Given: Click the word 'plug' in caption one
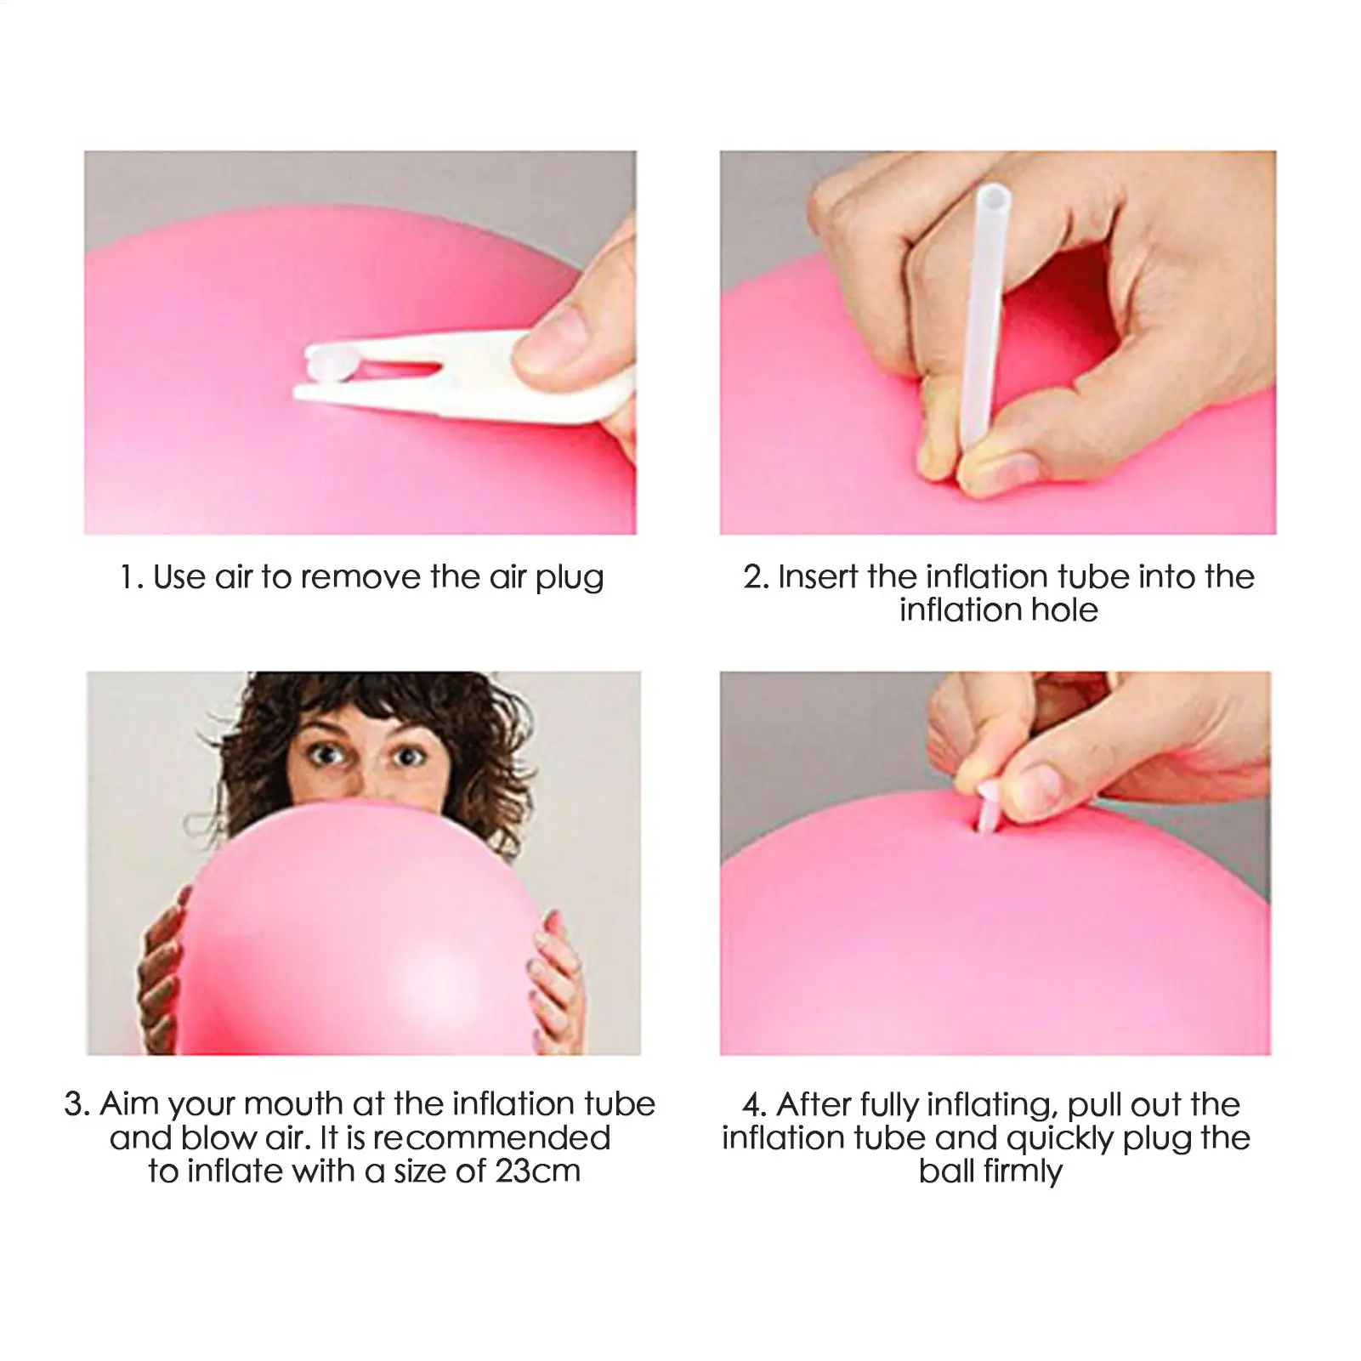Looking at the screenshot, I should (x=569, y=580).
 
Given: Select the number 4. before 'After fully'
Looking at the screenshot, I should (x=753, y=1105).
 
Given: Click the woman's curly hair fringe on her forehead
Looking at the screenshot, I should (x=366, y=706).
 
